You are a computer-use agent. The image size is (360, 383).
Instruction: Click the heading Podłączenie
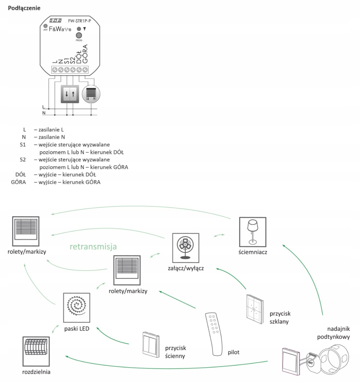[24, 8]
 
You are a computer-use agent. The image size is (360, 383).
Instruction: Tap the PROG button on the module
[78, 35]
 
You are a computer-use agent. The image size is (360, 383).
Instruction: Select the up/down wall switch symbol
[70, 94]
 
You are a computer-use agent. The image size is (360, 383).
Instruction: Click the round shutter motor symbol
[91, 94]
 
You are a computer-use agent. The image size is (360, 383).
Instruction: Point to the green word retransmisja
[93, 246]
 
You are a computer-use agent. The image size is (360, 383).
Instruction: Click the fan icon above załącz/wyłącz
[185, 246]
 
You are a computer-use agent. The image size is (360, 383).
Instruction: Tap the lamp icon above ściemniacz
[253, 231]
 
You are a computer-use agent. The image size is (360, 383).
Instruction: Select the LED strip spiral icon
[77, 308]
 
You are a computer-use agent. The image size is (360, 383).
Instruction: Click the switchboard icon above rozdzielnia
[36, 351]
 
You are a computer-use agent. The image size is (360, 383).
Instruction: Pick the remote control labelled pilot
[214, 333]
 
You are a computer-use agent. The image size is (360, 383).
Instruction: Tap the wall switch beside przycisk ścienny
[151, 344]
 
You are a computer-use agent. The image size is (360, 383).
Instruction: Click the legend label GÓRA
[18, 182]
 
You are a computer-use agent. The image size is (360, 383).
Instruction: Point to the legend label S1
[22, 145]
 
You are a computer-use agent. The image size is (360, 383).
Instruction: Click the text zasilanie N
[52, 137]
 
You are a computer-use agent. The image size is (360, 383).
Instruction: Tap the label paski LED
[77, 328]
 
